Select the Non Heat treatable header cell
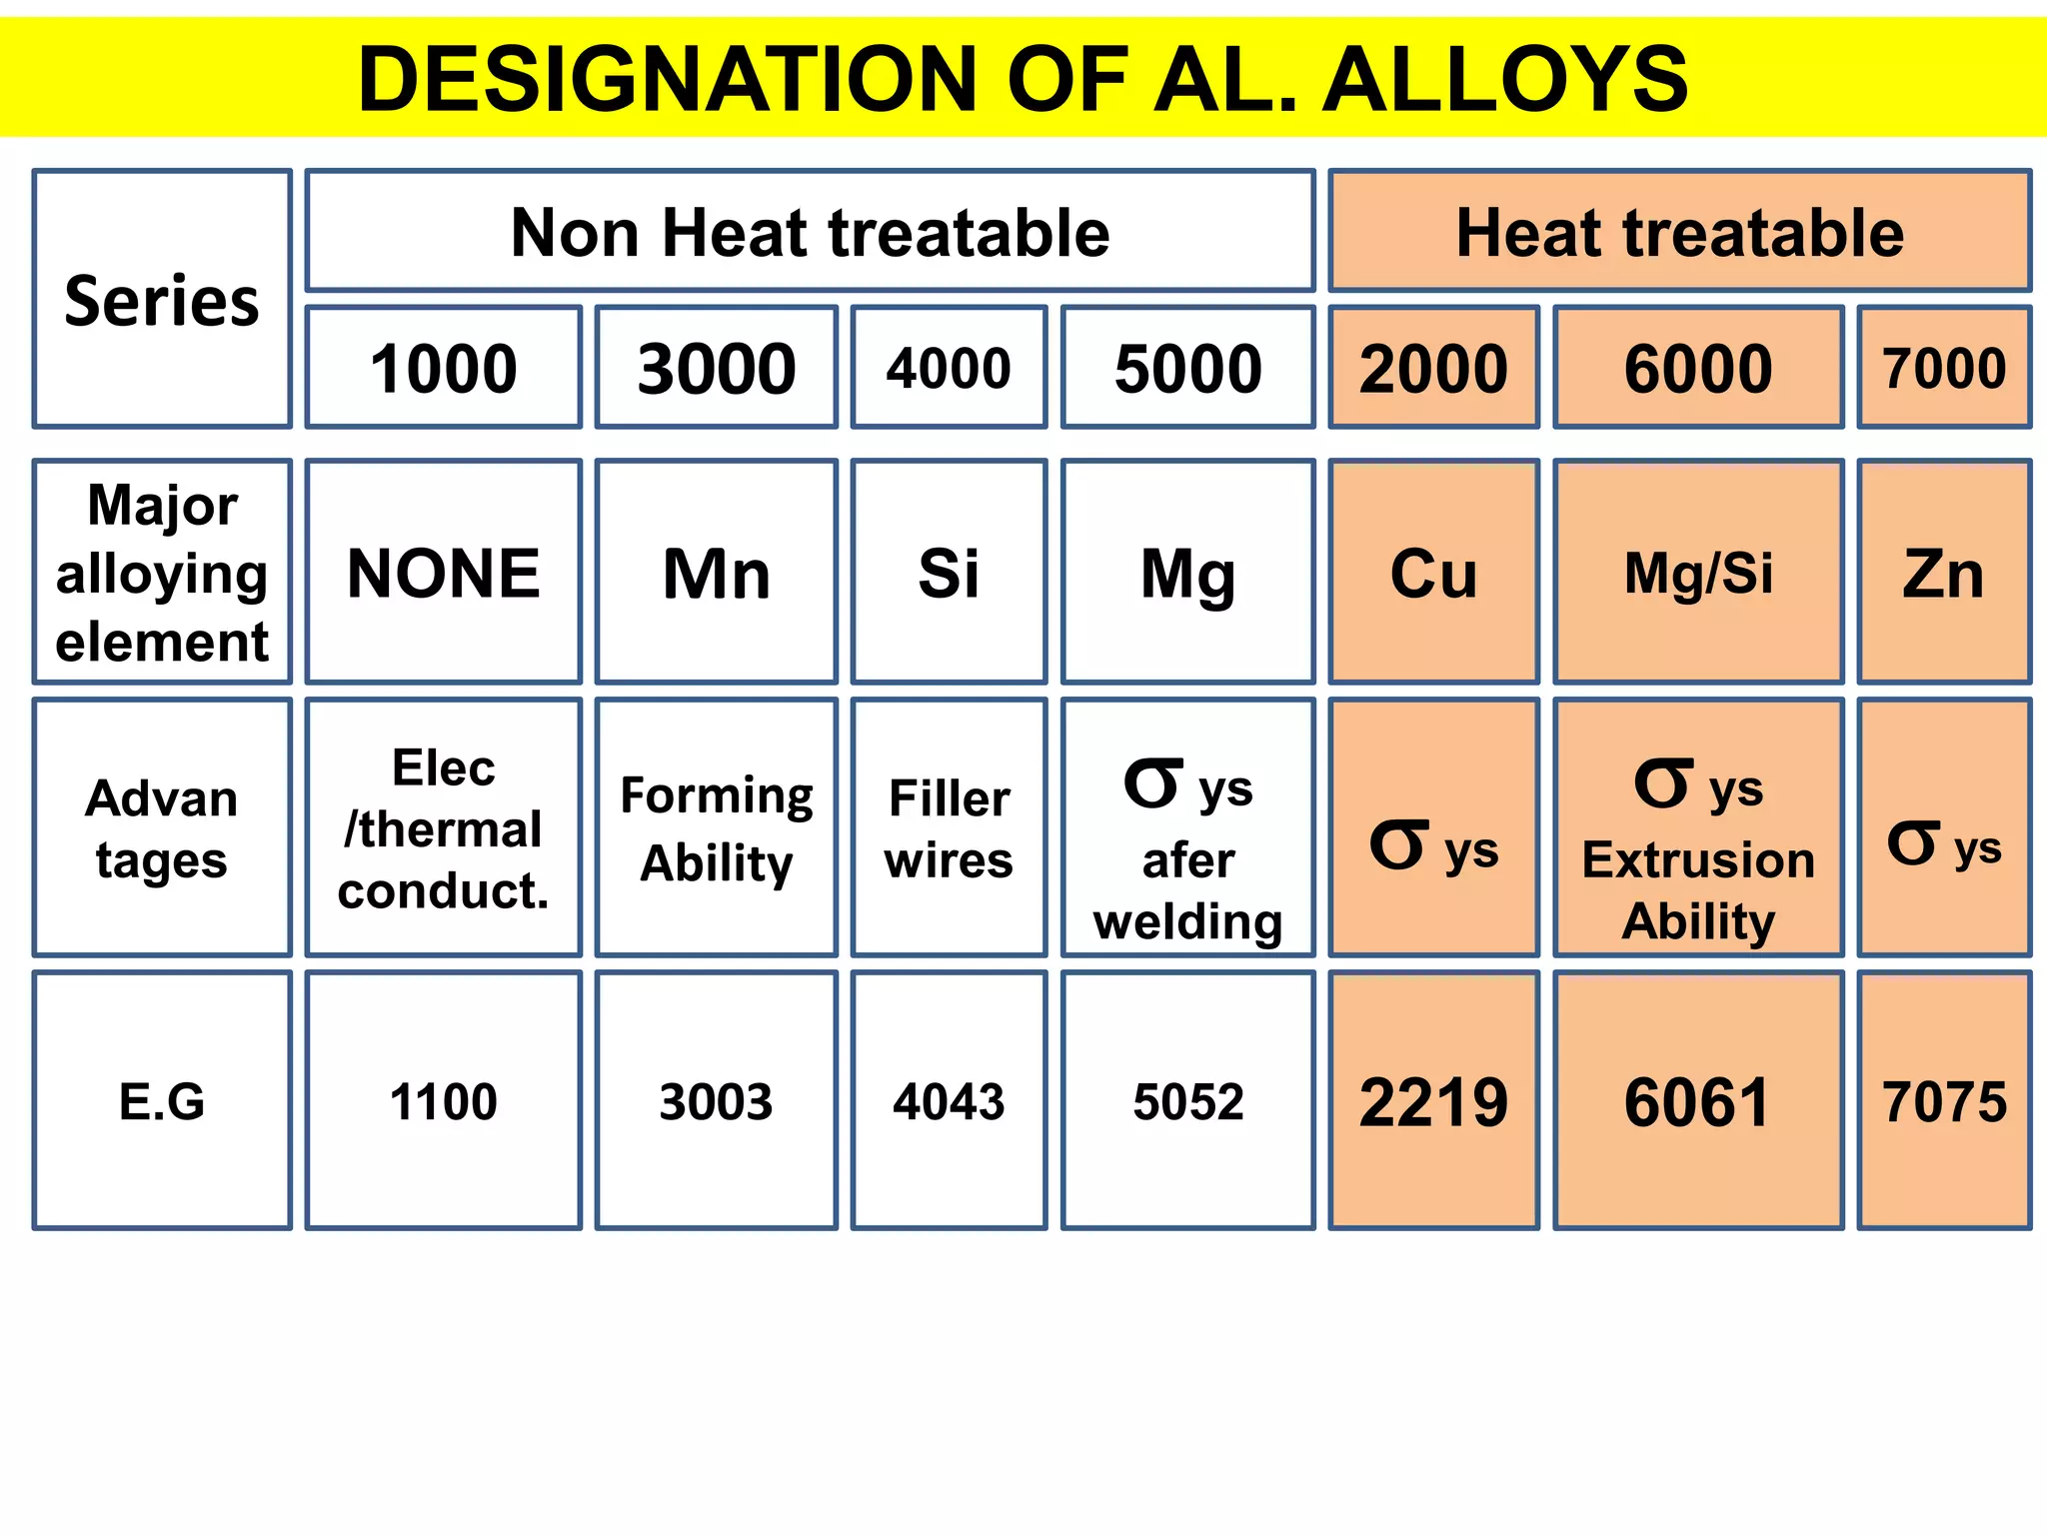[x=810, y=232]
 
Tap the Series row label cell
[x=162, y=300]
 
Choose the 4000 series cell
[x=949, y=368]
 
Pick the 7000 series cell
[x=1944, y=368]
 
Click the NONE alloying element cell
[x=443, y=573]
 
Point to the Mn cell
[x=717, y=573]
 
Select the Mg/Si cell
[x=1698, y=573]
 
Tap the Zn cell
[x=1944, y=573]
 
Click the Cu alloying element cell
[x=1433, y=573]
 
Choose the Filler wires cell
[x=949, y=828]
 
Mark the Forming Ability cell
[x=717, y=828]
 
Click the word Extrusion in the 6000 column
[x=1698, y=860]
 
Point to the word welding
[x=1187, y=921]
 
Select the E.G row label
[x=162, y=1101]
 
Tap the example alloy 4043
[x=949, y=1101]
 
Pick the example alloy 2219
[x=1433, y=1101]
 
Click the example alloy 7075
[x=1944, y=1101]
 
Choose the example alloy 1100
[x=443, y=1101]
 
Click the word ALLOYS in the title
[x=1505, y=80]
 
